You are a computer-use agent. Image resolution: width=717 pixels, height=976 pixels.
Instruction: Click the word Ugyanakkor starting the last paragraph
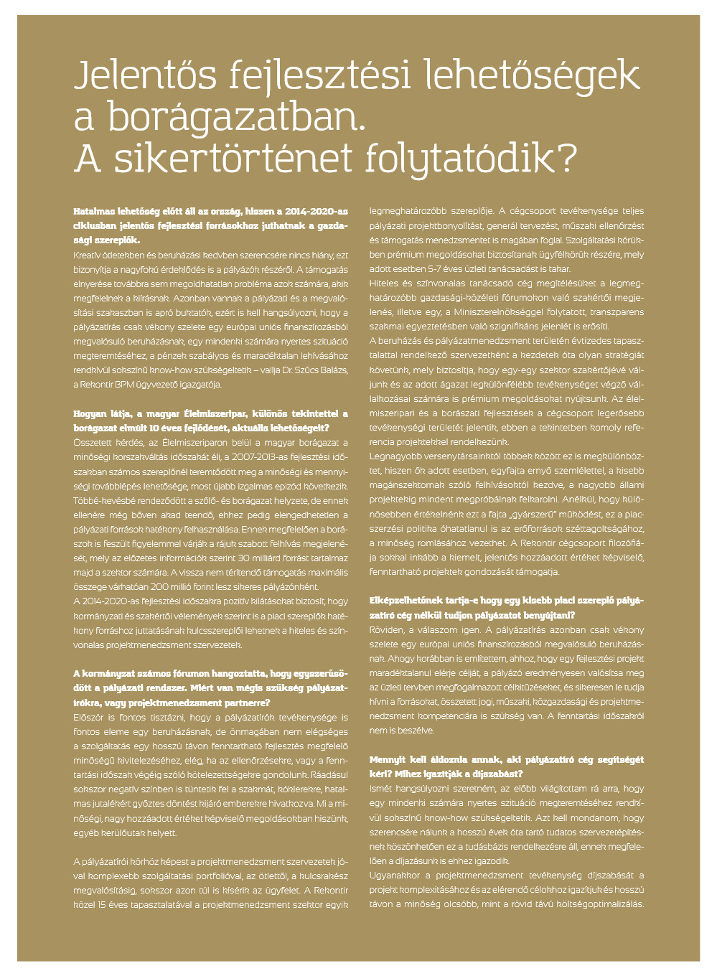398,876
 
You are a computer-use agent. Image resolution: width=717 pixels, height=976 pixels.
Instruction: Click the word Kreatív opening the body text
88,255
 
